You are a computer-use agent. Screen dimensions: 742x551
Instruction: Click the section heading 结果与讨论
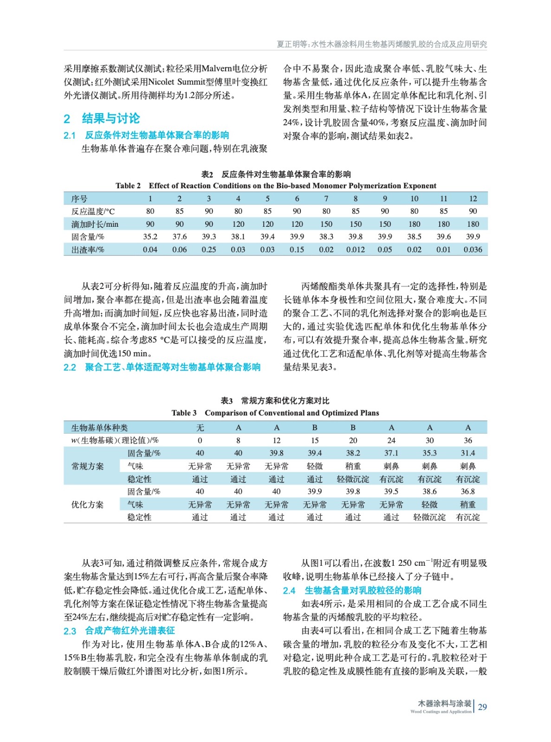click(110, 118)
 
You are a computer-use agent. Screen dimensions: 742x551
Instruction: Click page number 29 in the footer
click(482, 707)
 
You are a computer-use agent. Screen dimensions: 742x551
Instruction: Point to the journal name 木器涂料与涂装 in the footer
click(444, 704)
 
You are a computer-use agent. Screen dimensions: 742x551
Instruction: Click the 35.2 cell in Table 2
click(150, 237)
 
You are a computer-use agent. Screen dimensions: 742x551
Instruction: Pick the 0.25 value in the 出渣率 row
click(209, 249)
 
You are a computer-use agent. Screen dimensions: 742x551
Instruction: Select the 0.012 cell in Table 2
click(356, 249)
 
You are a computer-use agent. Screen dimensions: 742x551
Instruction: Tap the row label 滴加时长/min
click(95, 224)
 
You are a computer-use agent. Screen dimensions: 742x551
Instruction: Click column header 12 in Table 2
click(473, 198)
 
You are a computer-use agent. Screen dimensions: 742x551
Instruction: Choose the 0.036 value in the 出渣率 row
click(473, 249)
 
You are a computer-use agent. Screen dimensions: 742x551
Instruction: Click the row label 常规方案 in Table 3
click(87, 466)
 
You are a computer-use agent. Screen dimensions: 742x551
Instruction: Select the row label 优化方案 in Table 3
click(87, 505)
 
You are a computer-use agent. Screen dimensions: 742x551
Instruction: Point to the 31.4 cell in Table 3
click(467, 453)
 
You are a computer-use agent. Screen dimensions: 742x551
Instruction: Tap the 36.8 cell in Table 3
click(467, 492)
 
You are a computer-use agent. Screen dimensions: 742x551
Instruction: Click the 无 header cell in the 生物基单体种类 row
click(200, 428)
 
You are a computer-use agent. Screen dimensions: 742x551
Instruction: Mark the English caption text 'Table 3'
click(184, 413)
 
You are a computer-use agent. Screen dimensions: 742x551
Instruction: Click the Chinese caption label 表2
click(207, 174)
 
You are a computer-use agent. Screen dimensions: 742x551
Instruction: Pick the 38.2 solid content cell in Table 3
click(353, 453)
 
